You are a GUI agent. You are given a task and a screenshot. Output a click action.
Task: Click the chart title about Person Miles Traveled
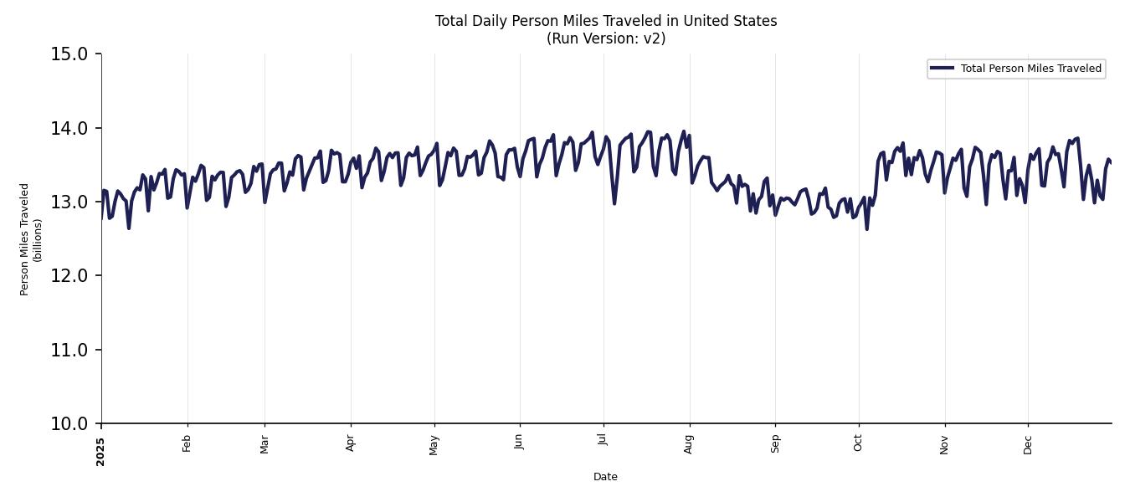(605, 21)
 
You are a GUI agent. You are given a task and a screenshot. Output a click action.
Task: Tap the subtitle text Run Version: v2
(605, 38)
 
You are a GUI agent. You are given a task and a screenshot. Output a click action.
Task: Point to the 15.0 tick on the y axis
(69, 54)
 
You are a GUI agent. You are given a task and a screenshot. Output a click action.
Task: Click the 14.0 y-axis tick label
(69, 128)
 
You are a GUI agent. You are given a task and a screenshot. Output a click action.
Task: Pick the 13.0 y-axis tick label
(69, 202)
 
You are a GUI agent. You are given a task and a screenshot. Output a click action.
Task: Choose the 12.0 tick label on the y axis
(69, 275)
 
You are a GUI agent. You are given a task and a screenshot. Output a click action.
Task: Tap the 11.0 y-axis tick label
(69, 350)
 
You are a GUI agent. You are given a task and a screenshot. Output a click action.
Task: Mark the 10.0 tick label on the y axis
(69, 423)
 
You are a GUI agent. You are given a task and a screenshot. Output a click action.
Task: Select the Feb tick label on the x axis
(187, 443)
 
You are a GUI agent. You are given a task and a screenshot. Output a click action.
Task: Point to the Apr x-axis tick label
(351, 443)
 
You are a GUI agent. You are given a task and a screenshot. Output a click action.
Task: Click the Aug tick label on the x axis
(689, 443)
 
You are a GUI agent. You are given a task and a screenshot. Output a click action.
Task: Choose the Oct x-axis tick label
(858, 443)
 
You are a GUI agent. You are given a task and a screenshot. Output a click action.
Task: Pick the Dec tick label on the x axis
(1028, 443)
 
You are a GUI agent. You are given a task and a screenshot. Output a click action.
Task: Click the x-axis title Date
(605, 477)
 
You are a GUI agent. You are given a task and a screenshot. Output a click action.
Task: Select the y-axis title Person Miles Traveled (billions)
(31, 239)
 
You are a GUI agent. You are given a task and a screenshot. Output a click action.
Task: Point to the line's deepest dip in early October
(866, 228)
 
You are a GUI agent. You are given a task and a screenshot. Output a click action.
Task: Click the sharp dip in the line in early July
(614, 203)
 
